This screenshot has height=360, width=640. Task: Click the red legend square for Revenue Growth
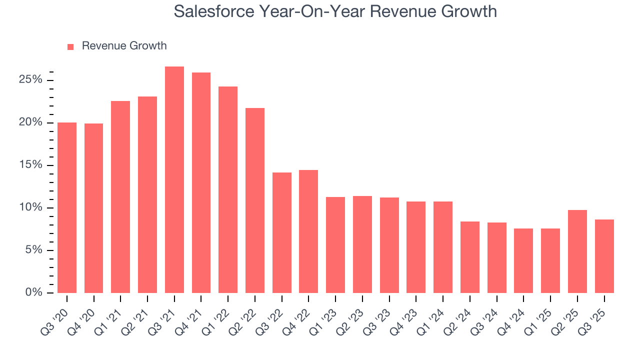pyautogui.click(x=70, y=46)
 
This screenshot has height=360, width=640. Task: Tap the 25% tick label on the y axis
pyautogui.click(x=31, y=80)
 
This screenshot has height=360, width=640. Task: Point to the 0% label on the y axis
pyautogui.click(x=34, y=292)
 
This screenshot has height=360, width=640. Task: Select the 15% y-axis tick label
pyautogui.click(x=31, y=165)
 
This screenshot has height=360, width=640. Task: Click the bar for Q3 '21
pyautogui.click(x=174, y=180)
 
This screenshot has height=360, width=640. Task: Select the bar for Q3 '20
pyautogui.click(x=67, y=207)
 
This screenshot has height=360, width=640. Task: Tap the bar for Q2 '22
pyautogui.click(x=255, y=200)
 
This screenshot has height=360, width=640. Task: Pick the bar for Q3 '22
pyautogui.click(x=282, y=232)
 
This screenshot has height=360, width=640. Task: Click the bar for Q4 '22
pyautogui.click(x=308, y=231)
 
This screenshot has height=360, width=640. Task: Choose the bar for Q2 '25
pyautogui.click(x=577, y=251)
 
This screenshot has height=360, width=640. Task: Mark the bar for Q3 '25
pyautogui.click(x=604, y=256)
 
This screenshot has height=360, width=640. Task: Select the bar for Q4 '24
pyautogui.click(x=523, y=260)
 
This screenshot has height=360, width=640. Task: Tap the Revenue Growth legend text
pyautogui.click(x=124, y=46)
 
